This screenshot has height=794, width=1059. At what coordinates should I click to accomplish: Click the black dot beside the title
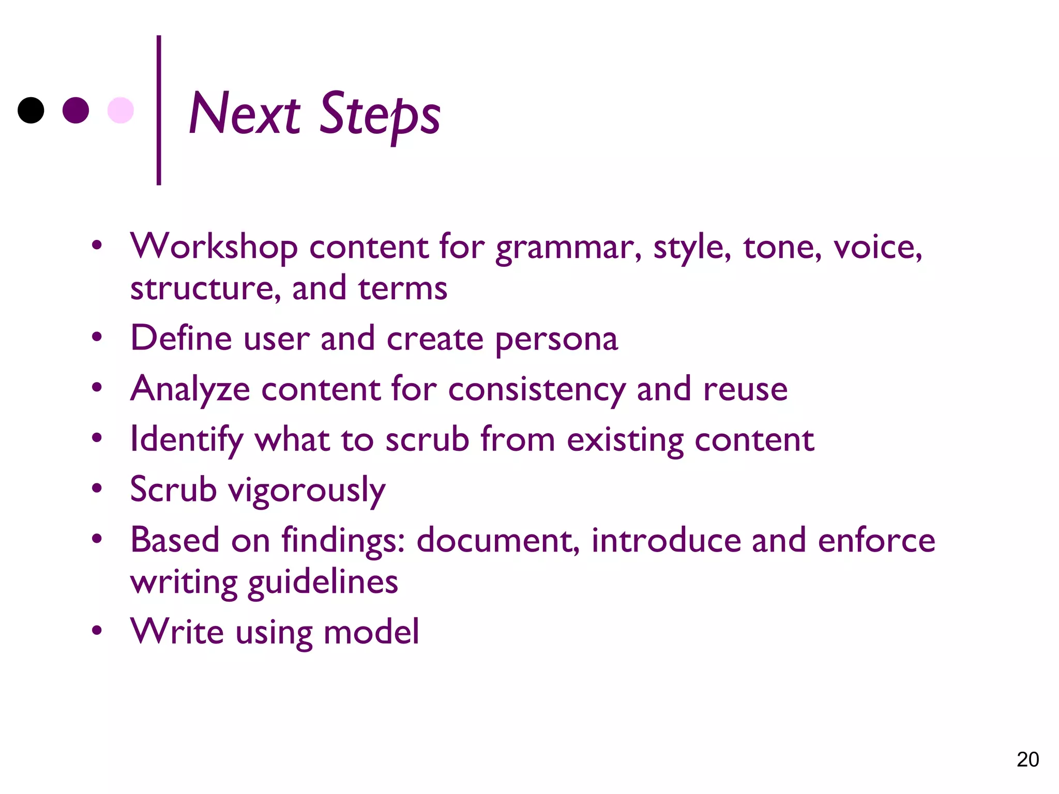pyautogui.click(x=31, y=110)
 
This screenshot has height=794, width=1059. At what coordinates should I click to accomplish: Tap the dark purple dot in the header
pyautogui.click(x=75, y=110)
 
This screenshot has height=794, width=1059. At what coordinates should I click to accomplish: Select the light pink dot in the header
pyautogui.click(x=120, y=110)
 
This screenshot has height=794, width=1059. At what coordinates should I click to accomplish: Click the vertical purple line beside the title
pyautogui.click(x=159, y=110)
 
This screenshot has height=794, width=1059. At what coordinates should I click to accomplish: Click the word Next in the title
pyautogui.click(x=244, y=114)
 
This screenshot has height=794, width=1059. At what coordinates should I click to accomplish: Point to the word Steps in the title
pyautogui.click(x=380, y=115)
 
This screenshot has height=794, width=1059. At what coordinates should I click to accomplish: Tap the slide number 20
pyautogui.click(x=1027, y=759)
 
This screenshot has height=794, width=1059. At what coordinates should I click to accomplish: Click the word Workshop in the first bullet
pyautogui.click(x=214, y=247)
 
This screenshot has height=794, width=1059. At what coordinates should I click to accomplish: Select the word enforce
pyautogui.click(x=876, y=541)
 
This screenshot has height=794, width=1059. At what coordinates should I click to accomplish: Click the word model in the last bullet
pyautogui.click(x=371, y=632)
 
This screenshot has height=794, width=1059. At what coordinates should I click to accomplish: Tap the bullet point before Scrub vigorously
pyautogui.click(x=97, y=488)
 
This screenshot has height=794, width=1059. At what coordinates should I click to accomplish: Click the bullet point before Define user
pyautogui.click(x=97, y=338)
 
